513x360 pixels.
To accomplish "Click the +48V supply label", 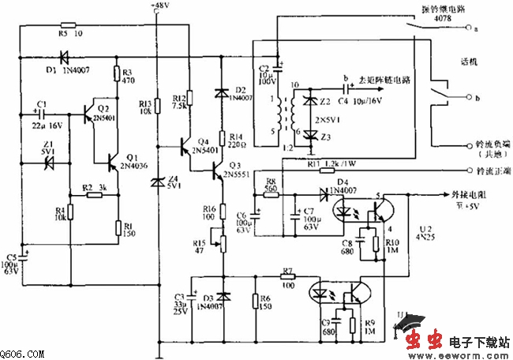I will coord(159,6).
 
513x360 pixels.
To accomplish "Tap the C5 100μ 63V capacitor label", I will coord(11,265).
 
